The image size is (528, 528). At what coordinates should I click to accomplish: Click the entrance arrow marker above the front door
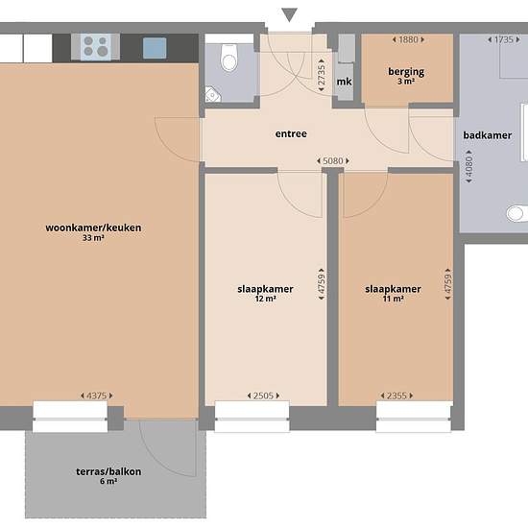click(x=289, y=14)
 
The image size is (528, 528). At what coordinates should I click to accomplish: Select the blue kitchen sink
click(x=155, y=48)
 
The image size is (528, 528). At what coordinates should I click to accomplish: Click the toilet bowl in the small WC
click(x=229, y=58)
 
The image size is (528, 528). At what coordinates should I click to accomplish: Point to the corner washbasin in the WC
click(x=213, y=94)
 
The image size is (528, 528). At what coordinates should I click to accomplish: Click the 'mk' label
click(x=344, y=82)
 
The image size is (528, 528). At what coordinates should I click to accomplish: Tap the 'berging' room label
click(x=406, y=72)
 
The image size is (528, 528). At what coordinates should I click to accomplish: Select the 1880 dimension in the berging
click(x=408, y=39)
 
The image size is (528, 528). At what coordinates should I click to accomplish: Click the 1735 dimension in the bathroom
click(x=504, y=39)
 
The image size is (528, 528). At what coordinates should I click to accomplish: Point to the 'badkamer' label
click(x=488, y=135)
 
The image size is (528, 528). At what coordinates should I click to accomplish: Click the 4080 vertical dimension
click(x=468, y=167)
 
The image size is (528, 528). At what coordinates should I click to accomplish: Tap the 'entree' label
click(x=291, y=134)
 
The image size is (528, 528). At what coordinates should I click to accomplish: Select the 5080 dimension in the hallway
click(x=333, y=161)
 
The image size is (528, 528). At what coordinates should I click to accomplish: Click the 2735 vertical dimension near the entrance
click(x=322, y=75)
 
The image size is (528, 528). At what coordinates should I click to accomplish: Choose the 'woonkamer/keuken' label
click(x=93, y=228)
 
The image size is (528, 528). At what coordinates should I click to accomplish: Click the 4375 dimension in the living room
click(x=96, y=396)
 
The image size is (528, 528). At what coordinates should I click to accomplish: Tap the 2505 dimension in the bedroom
click(x=263, y=396)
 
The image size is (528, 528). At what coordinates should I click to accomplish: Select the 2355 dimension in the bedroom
click(x=396, y=396)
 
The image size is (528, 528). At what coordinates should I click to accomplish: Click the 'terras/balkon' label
click(x=108, y=471)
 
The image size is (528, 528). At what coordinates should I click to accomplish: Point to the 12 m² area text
click(x=265, y=299)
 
